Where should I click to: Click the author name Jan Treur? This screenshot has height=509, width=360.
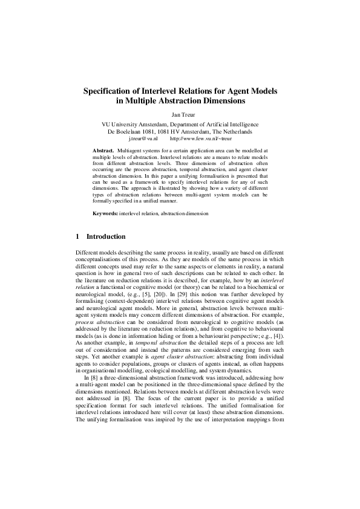click(180, 113)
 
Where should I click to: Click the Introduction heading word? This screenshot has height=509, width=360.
click(106, 236)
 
